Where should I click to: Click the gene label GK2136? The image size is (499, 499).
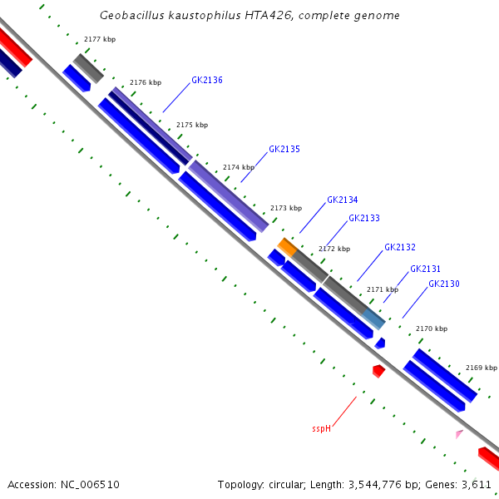coord(207,81)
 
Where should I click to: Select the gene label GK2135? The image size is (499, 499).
coord(284,150)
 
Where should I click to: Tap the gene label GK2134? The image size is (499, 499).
coord(343,200)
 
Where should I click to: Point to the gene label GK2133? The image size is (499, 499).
coord(364,218)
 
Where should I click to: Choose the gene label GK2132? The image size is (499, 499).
coord(400,248)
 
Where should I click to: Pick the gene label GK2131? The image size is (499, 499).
coord(426,269)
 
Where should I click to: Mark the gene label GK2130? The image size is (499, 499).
coord(444,284)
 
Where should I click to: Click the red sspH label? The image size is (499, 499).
coord(321,429)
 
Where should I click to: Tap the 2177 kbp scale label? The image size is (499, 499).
coord(100,40)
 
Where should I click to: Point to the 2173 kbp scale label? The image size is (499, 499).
coord(285,208)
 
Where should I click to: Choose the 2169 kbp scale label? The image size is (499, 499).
coord(481,368)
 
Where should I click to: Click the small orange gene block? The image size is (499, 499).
coord(287,246)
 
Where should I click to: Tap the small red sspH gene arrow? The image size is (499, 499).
coord(378,371)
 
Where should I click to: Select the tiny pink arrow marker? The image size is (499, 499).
coord(458,434)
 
